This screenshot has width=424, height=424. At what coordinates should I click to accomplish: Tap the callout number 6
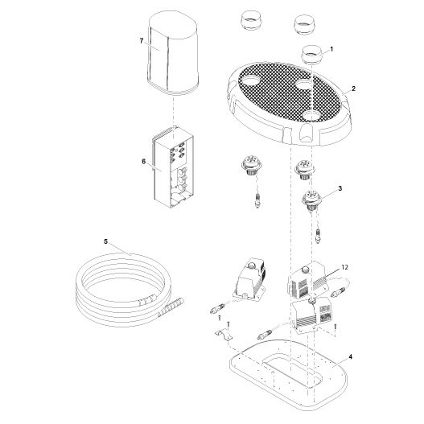tap(143, 161)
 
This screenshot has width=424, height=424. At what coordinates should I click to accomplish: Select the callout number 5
tap(105, 241)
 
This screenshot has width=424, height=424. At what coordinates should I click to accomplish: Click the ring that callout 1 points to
tap(313, 56)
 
